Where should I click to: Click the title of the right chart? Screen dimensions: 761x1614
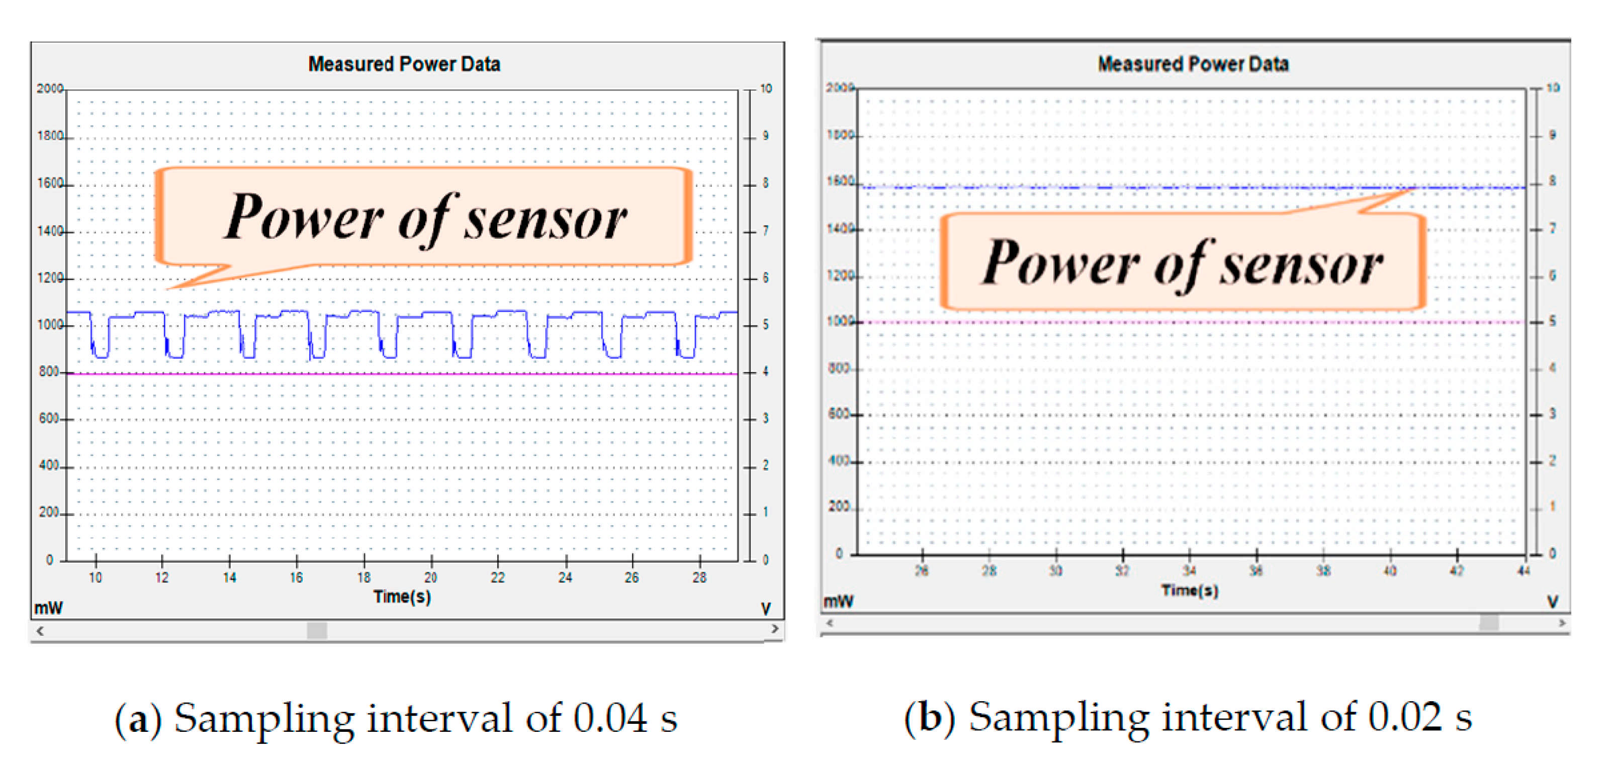tap(1192, 64)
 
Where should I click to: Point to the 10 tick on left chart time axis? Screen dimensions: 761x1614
tap(95, 578)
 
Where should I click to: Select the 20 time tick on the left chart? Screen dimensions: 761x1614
tap(430, 578)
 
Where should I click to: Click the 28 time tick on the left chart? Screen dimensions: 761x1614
tap(699, 578)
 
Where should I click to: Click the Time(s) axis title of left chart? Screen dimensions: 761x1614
tap(402, 596)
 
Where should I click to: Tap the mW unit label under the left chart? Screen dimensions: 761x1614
tap(48, 608)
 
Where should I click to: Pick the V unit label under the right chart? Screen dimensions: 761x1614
tap(1553, 602)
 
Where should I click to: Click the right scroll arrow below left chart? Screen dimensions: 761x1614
tap(775, 629)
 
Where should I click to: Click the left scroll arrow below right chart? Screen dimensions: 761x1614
tap(830, 623)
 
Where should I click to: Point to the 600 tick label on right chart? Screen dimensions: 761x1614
tap(838, 414)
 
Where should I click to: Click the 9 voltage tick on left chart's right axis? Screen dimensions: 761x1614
tap(765, 136)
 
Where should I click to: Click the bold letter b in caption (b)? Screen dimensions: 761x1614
tap(930, 717)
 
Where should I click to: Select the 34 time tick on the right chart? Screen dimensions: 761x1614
tap(1189, 570)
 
